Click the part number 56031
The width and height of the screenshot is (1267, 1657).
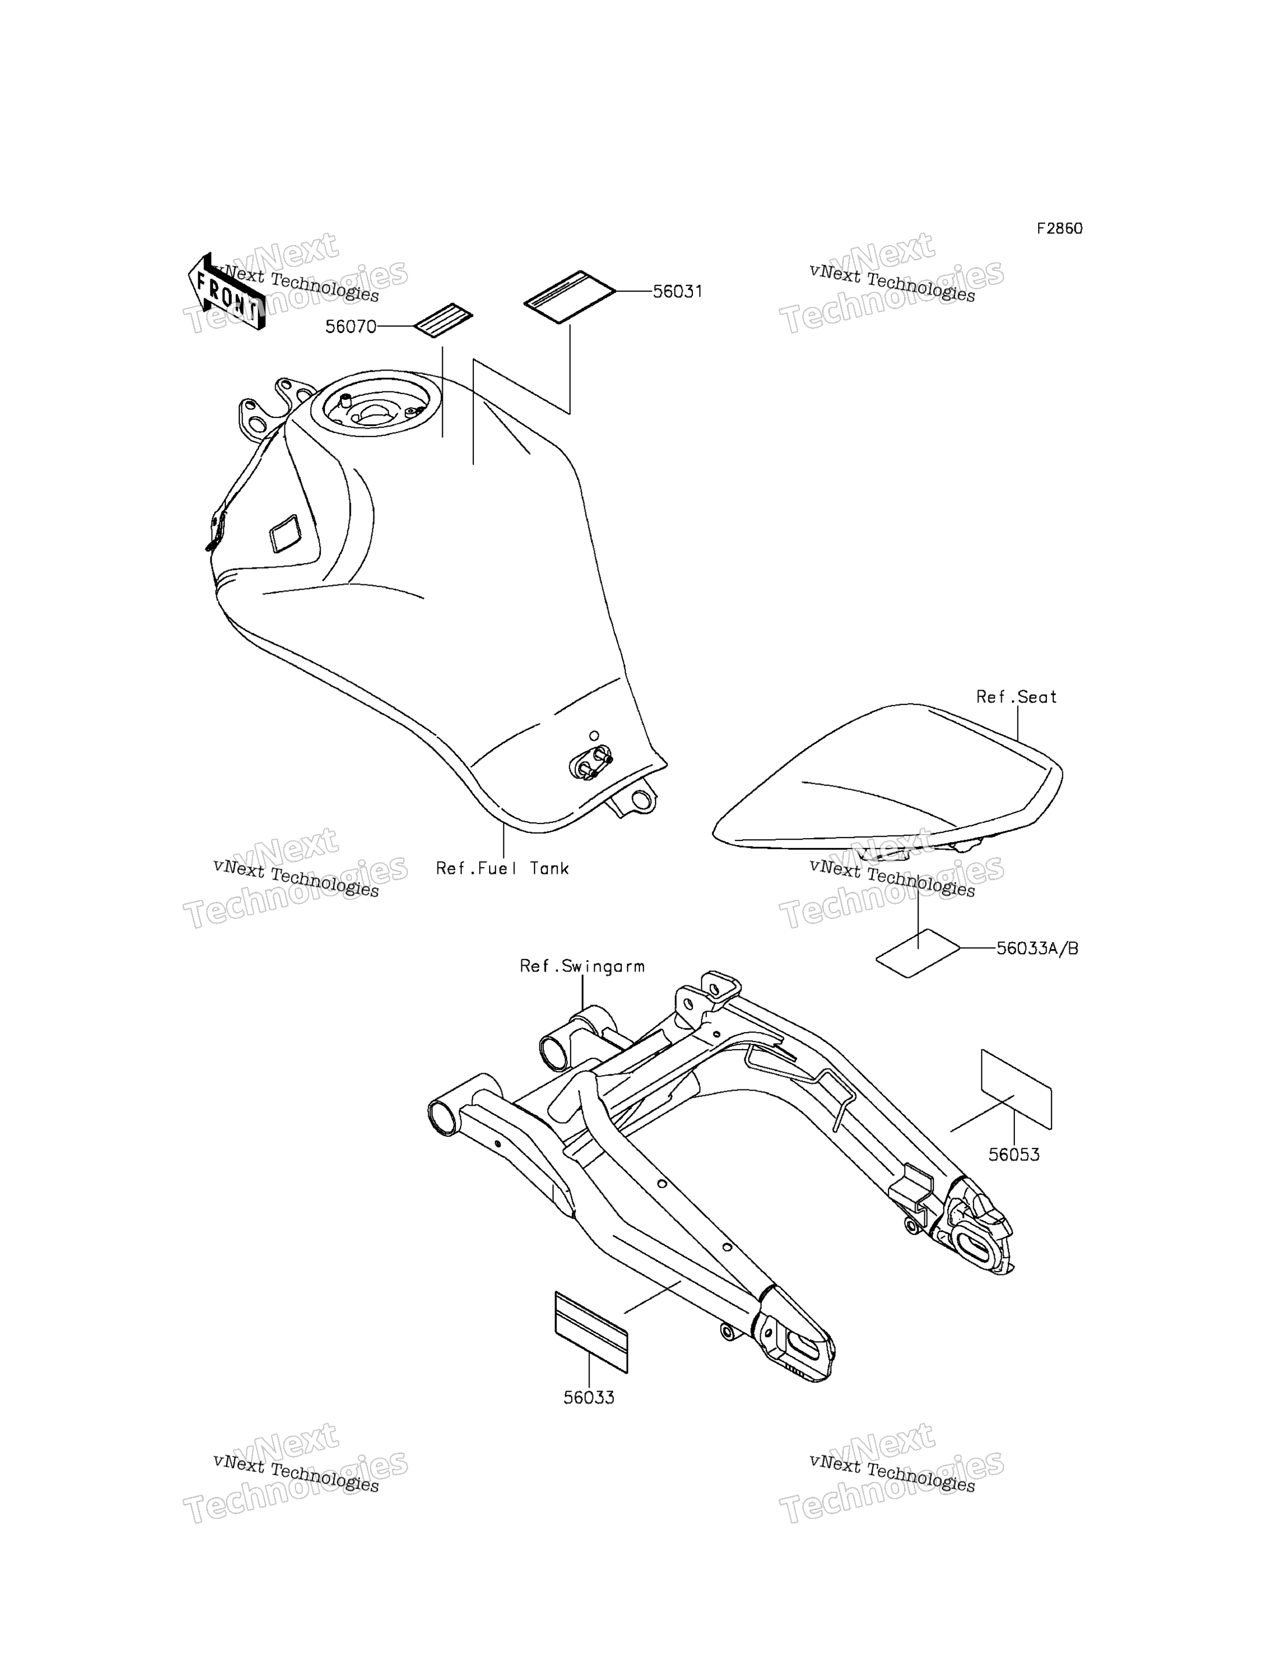677,292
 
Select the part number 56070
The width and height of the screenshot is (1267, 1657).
351,327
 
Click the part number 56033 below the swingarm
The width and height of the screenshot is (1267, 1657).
589,1397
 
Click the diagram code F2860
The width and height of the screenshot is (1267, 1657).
1059,228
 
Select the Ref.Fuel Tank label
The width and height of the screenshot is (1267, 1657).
502,868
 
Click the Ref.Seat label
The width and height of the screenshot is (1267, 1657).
1017,697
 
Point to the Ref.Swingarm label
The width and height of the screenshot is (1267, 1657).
582,966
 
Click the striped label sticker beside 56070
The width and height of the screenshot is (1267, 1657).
443,321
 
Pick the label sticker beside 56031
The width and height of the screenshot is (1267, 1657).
570,297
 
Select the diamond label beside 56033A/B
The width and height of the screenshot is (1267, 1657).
918,953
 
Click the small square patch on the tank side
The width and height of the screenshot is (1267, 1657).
285,534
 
